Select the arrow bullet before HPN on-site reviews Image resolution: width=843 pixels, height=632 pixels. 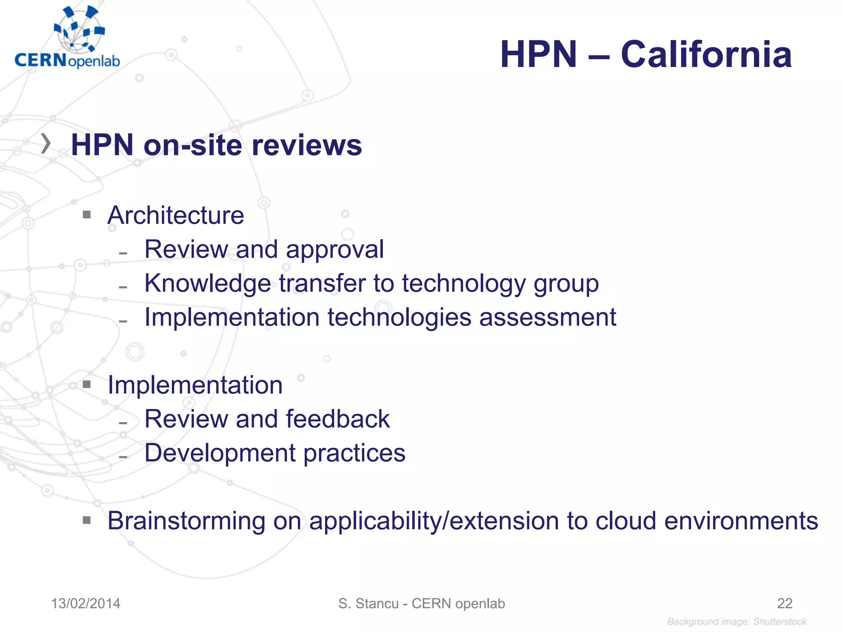coord(46,144)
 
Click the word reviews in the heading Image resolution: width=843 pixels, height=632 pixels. coord(307,145)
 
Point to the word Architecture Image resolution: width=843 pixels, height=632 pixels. coord(176,215)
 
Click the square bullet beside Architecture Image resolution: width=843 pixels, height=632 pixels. coord(86,214)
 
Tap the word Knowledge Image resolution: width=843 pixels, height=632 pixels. coord(207,283)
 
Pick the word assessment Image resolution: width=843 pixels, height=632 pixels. coord(547,318)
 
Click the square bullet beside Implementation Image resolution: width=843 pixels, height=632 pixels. coord(86,384)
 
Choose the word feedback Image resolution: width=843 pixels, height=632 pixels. coord(338,419)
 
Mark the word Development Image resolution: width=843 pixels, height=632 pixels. coord(220,453)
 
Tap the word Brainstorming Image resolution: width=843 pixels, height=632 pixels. coord(186,521)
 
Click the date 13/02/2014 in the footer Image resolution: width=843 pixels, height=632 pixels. coord(86,604)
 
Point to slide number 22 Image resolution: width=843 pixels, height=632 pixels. coord(785,604)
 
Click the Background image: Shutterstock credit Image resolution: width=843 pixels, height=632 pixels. coord(737,622)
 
